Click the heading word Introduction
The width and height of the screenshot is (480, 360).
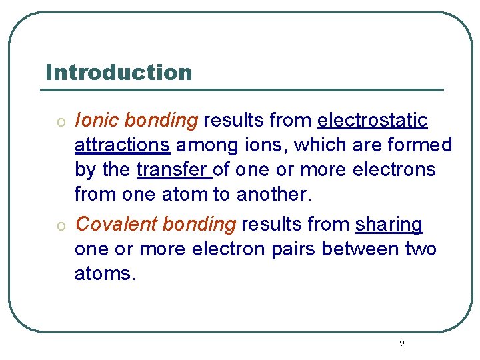pos(119,72)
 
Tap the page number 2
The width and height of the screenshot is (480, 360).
pos(401,344)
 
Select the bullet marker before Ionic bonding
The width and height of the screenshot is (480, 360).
pos(60,122)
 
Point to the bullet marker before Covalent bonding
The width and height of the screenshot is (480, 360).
pos(60,226)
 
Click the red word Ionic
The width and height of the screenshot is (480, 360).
pos(97,120)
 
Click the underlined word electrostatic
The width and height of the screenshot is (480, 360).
pos(372,120)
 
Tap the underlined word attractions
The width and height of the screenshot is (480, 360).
pos(122,145)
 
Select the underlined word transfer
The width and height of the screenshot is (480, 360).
pos(172,169)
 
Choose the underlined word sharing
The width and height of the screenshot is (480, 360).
pos(389,225)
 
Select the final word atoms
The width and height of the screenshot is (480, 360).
pos(105,274)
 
